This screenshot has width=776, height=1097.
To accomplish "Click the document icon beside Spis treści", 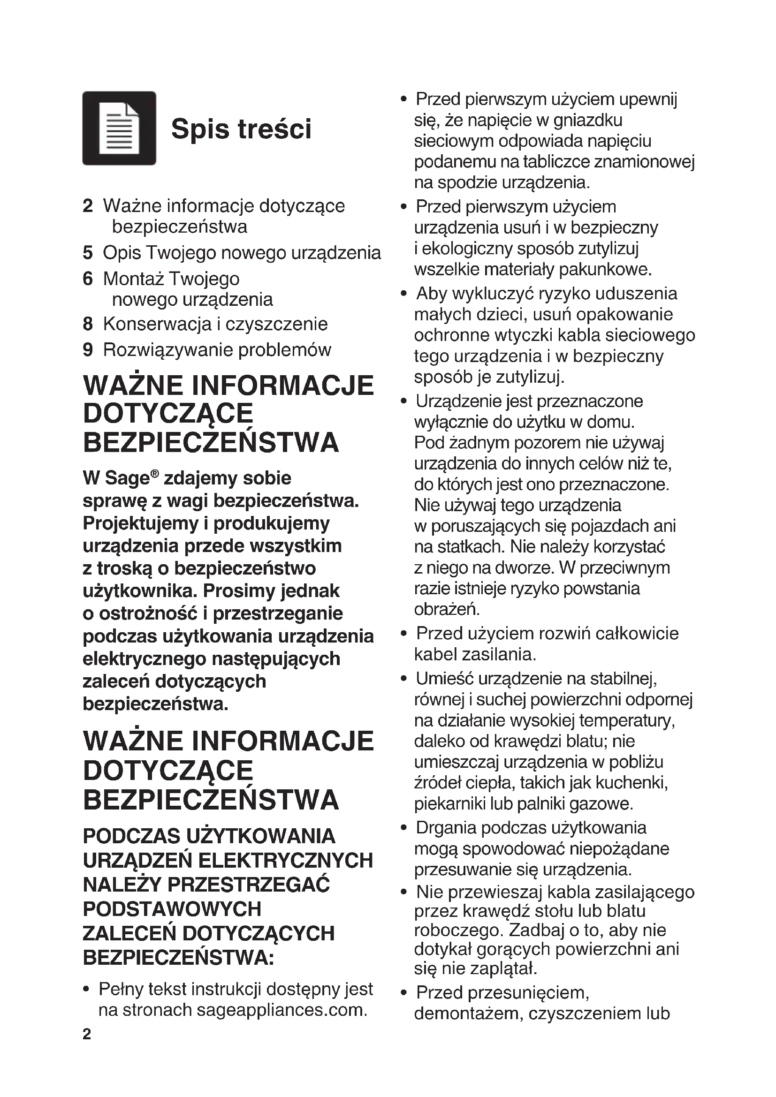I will pos(119,128).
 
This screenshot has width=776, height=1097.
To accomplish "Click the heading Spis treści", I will pos(241,129).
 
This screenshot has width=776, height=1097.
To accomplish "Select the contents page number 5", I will pos(87,253).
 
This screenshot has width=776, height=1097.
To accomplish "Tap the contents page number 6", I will pos(87,279).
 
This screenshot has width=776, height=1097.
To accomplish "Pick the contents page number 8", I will pos(87,324).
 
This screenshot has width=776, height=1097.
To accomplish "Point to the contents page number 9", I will pos(87,350).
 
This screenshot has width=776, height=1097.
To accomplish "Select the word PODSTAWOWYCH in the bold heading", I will pos(172,909).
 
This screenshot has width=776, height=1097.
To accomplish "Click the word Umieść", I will pos(444,679).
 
